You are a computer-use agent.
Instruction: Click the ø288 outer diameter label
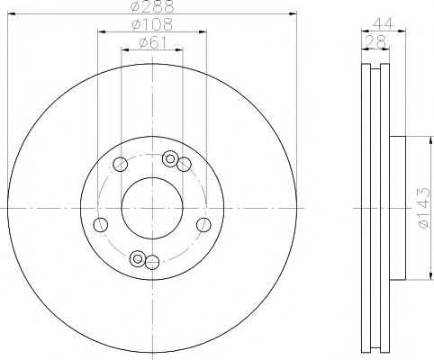[x=151, y=7]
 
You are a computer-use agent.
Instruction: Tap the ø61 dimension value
[x=151, y=41]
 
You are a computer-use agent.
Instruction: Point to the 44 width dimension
[x=383, y=24]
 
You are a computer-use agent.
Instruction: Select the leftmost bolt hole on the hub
[x=101, y=224]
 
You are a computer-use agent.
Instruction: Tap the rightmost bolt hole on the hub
[x=203, y=224]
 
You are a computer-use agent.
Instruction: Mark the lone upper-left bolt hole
[x=120, y=163]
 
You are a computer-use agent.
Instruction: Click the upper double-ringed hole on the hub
[x=169, y=159]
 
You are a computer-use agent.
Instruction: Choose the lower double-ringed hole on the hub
[x=138, y=259]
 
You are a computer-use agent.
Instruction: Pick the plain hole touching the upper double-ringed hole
[x=184, y=163]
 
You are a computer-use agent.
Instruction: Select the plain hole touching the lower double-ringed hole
[x=152, y=262]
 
